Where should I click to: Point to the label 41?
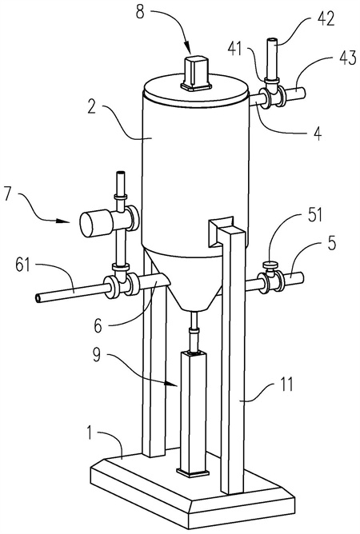pos(234,49)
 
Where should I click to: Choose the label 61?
pos(22,265)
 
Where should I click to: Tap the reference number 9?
pos(97,356)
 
